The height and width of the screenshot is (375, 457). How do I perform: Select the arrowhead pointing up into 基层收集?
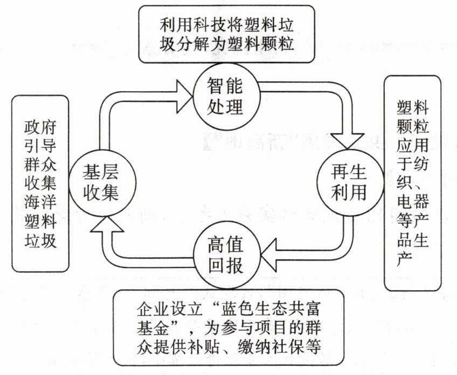coord(107,224)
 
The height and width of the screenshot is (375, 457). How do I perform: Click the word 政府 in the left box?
coord(40,128)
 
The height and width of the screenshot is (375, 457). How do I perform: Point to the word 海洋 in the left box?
coord(40,202)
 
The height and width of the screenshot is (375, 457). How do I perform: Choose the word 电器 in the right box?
coord(412,201)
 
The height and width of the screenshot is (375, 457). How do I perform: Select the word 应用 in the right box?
coord(412,144)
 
